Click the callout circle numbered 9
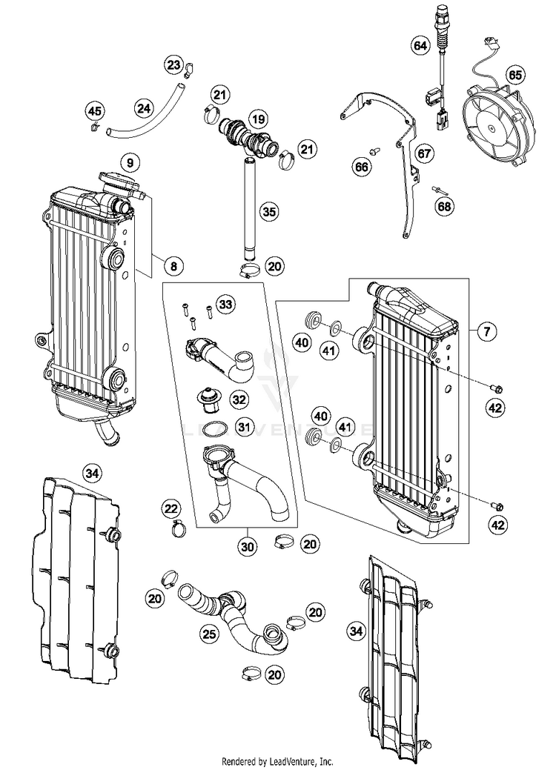tap(129, 162)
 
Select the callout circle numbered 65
tap(514, 75)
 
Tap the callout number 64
tap(420, 46)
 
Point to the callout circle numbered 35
tap(270, 212)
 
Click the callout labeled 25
tap(210, 634)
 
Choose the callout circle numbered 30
tap(246, 547)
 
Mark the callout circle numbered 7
tap(486, 332)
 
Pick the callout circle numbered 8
tap(172, 265)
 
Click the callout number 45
tap(94, 112)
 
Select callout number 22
tap(171, 508)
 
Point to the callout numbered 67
tap(423, 154)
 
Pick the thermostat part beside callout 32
tap(208, 399)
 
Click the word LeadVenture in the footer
tap(291, 761)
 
